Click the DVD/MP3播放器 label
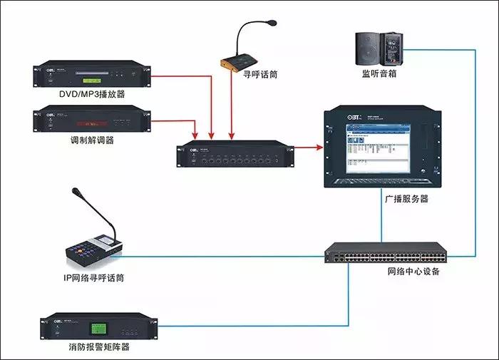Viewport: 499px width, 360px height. pyautogui.click(x=93, y=94)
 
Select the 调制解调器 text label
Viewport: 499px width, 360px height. pyautogui.click(x=91, y=140)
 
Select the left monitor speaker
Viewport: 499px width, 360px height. pyautogui.click(x=368, y=46)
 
